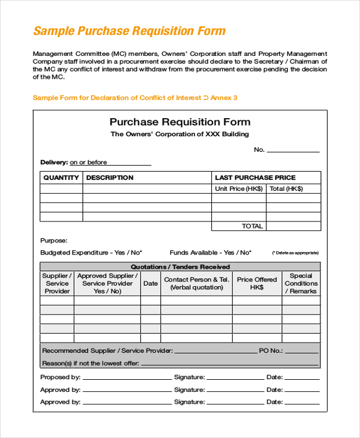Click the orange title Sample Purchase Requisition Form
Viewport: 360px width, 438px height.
click(x=129, y=31)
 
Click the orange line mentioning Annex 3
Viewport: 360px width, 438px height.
click(x=135, y=97)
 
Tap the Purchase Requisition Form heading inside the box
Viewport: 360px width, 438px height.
click(x=179, y=122)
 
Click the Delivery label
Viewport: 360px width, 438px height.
click(x=54, y=162)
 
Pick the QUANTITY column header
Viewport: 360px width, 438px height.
click(x=61, y=178)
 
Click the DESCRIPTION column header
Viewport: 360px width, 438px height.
click(x=110, y=178)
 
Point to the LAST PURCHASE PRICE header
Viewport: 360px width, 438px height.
click(x=255, y=178)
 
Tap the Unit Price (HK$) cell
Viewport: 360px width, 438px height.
click(x=239, y=188)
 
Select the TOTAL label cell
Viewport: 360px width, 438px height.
click(x=252, y=226)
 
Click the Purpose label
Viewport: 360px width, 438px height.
click(x=53, y=240)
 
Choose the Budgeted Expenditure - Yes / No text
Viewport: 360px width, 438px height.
click(x=91, y=253)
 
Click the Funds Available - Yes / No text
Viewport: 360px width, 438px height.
click(x=211, y=253)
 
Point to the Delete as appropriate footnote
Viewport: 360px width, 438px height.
click(x=295, y=253)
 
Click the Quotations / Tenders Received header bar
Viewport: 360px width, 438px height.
click(x=180, y=267)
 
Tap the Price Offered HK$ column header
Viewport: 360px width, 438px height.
click(x=257, y=283)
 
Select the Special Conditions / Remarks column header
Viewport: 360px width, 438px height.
click(x=301, y=284)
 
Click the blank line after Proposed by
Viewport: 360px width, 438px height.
click(x=126, y=378)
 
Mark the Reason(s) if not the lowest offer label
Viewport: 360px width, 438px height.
click(x=91, y=363)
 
